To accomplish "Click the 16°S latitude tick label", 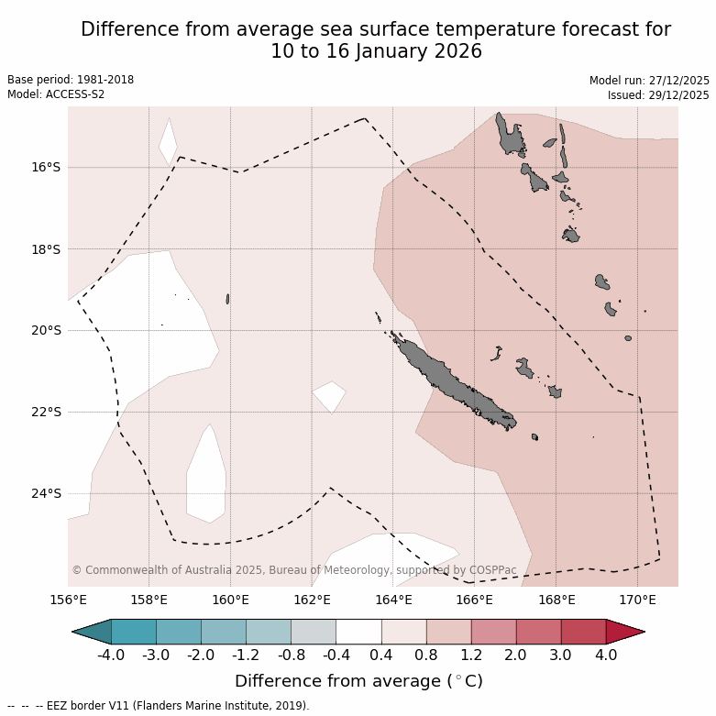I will [46, 168].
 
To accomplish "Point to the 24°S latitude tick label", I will [46, 494].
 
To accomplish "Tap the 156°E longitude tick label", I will [68, 600].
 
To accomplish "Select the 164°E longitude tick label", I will [393, 600].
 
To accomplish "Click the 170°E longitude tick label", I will [637, 600].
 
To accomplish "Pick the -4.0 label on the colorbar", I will [111, 655].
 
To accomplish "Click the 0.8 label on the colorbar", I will [426, 655].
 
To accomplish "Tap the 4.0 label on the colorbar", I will [606, 655].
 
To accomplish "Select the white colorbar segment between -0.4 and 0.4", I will [358, 632].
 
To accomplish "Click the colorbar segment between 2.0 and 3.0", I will [538, 632].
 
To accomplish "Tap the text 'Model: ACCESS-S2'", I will [56, 94].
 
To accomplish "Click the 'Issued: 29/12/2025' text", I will [658, 95].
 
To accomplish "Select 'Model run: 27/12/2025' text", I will [649, 81].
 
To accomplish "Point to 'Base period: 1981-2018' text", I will [71, 80].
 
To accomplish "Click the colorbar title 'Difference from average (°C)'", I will [358, 681].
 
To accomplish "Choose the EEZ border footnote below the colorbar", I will [159, 706].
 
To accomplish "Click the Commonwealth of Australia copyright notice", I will [294, 570].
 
